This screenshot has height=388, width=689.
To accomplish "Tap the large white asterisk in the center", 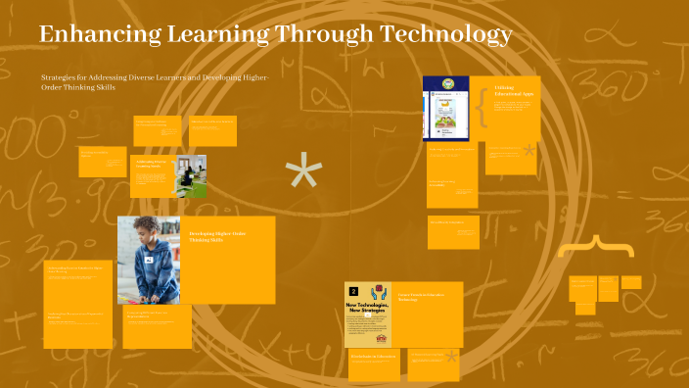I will (303, 173).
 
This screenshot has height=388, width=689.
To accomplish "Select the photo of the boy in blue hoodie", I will (149, 260).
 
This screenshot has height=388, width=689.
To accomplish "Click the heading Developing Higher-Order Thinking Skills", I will (211, 236).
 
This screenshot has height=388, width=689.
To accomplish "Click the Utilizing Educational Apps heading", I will (509, 90).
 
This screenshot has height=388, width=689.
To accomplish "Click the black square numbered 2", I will (353, 291).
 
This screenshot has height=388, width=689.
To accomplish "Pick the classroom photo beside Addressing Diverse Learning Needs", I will (191, 175).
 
